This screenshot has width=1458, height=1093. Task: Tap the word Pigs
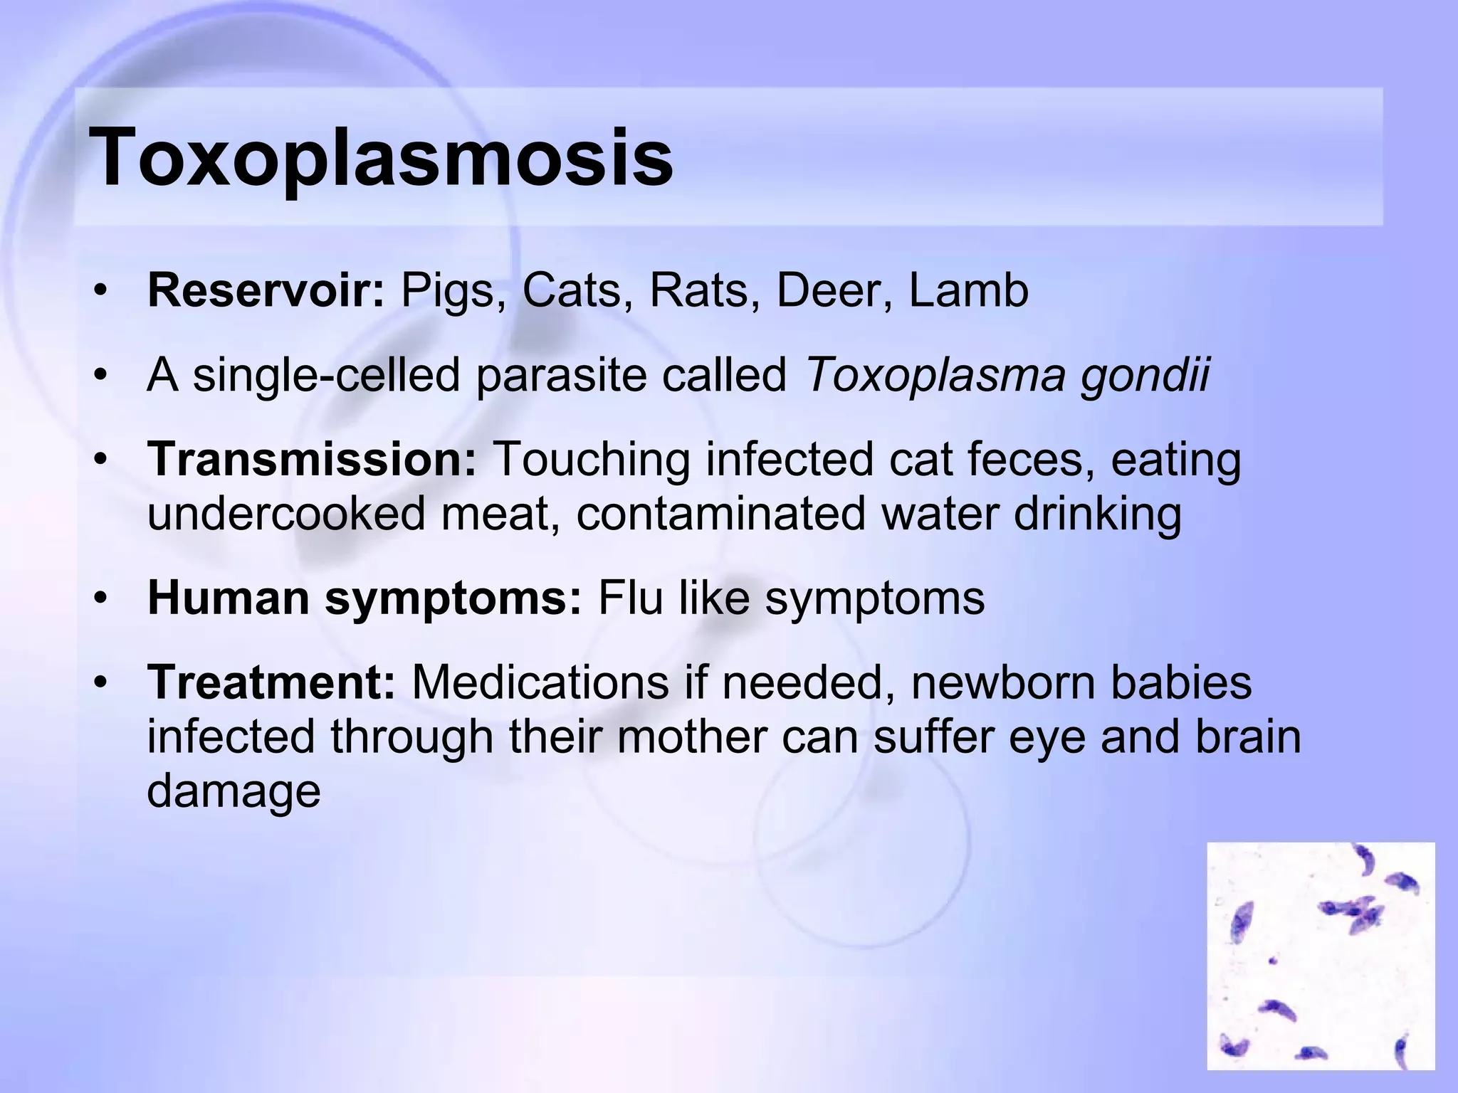447,292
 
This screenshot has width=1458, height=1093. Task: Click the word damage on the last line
234,792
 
